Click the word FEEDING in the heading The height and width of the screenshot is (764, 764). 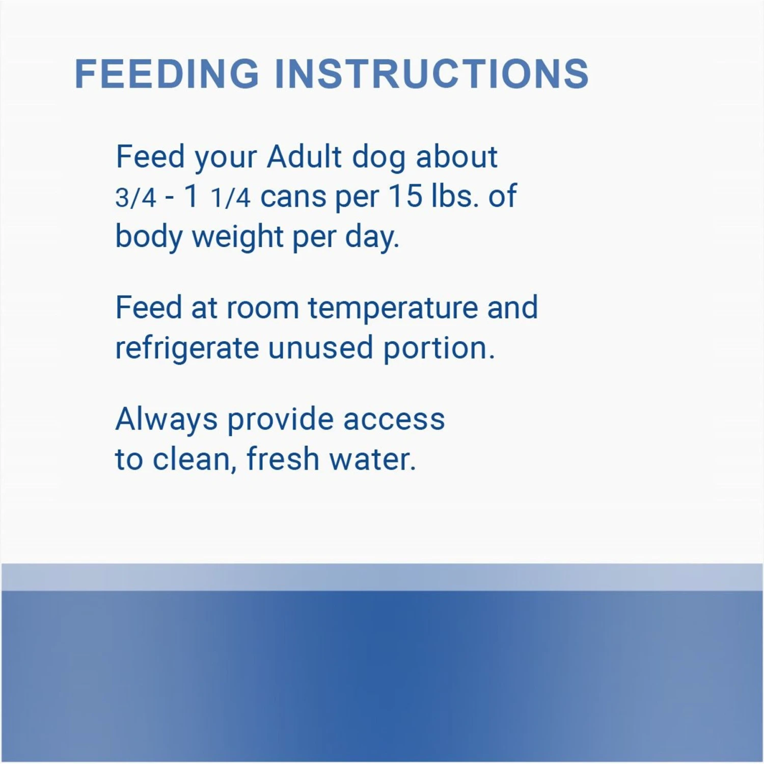pyautogui.click(x=167, y=74)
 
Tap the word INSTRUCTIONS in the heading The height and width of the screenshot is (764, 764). pyautogui.click(x=432, y=74)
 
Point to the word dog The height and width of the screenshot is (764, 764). pyautogui.click(x=379, y=158)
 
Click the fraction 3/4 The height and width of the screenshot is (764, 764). pyautogui.click(x=135, y=198)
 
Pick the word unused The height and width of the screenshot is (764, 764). pyautogui.click(x=321, y=348)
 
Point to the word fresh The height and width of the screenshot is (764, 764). pyautogui.click(x=283, y=459)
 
